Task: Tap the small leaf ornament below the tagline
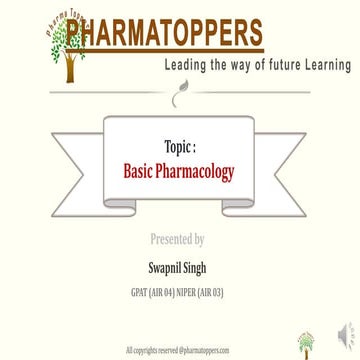click(180, 97)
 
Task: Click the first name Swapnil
click(163, 266)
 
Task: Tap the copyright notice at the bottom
click(177, 350)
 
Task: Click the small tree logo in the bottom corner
click(307, 342)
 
